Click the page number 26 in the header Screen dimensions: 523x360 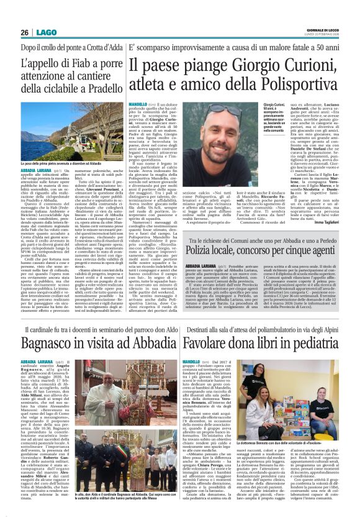tap(25, 32)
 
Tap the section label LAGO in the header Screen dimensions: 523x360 tap(44, 32)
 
